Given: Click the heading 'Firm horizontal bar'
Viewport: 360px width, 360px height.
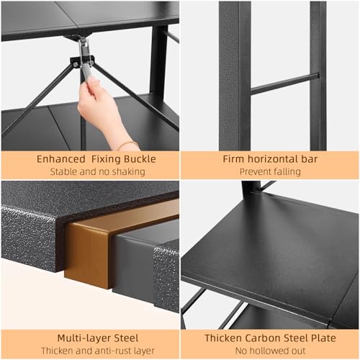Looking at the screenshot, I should click(270, 158).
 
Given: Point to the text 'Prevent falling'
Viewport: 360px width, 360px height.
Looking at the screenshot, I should click(270, 171).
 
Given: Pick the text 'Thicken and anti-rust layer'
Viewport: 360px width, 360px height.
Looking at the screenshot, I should click(89, 351).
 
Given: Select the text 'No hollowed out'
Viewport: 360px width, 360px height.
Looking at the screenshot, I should click(270, 351).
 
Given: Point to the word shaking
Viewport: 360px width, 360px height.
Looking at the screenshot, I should click(127, 171).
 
